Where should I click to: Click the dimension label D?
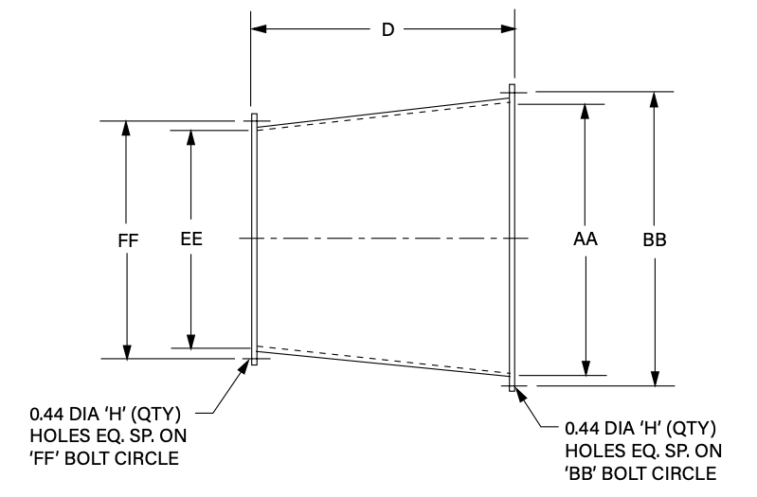pos(387,29)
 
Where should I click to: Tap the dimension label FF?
pos(129,240)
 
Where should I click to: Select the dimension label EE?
pos(191,240)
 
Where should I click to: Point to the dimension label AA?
pos(585,240)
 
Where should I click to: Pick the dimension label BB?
pos(654,240)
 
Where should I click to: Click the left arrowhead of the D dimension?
pos(259,29)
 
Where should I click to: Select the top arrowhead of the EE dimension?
pos(191,138)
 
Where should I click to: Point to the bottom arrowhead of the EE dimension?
pos(191,342)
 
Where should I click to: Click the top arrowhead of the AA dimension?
pos(585,111)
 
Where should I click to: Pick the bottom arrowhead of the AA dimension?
pos(585,368)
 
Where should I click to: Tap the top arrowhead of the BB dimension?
pos(654,99)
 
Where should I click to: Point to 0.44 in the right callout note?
pos(580,428)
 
